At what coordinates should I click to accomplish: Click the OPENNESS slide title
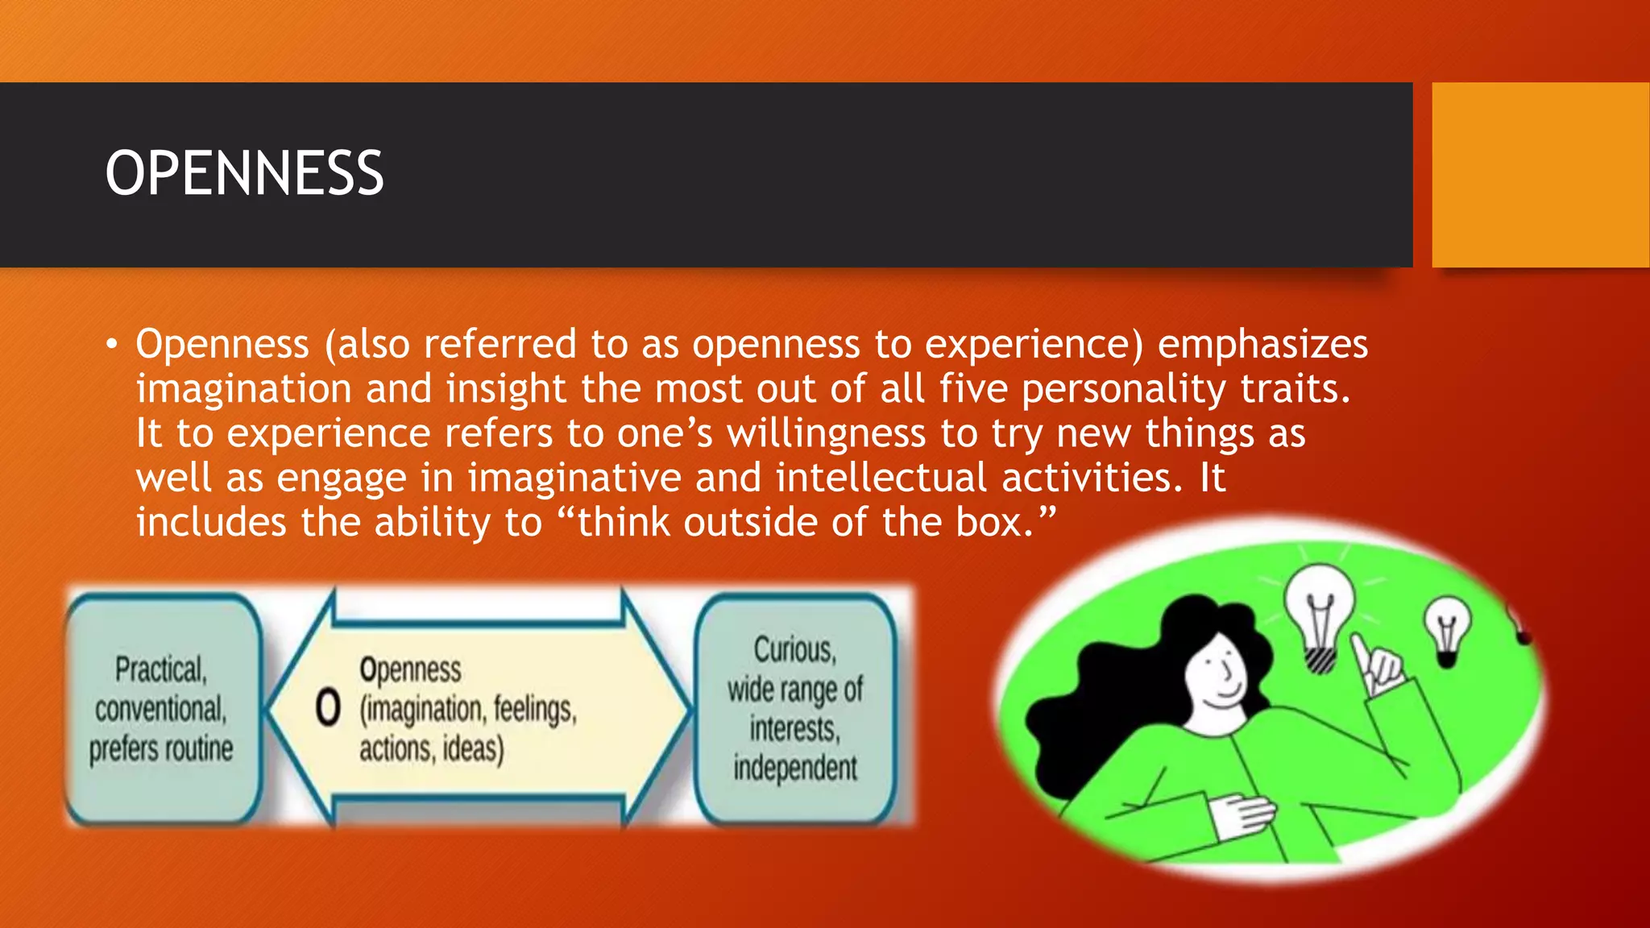pos(244,173)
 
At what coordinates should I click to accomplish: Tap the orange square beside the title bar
pos(1540,174)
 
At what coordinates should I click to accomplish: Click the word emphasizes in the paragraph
pos(1262,344)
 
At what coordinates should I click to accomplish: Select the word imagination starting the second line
pos(243,389)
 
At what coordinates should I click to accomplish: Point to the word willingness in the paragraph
pos(826,433)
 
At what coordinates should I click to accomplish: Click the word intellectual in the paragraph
pos(881,478)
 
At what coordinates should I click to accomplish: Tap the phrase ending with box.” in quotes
pos(806,522)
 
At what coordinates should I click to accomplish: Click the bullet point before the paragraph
pos(112,346)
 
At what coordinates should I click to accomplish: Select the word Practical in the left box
pos(160,669)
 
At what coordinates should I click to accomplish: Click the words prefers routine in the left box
pos(161,748)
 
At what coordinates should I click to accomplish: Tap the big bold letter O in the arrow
pos(328,709)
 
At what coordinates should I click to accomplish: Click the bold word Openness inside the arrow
pos(410,669)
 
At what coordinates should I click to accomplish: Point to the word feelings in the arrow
pos(534,709)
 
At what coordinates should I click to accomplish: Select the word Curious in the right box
pos(794,649)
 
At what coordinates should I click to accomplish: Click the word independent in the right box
pos(794,768)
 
